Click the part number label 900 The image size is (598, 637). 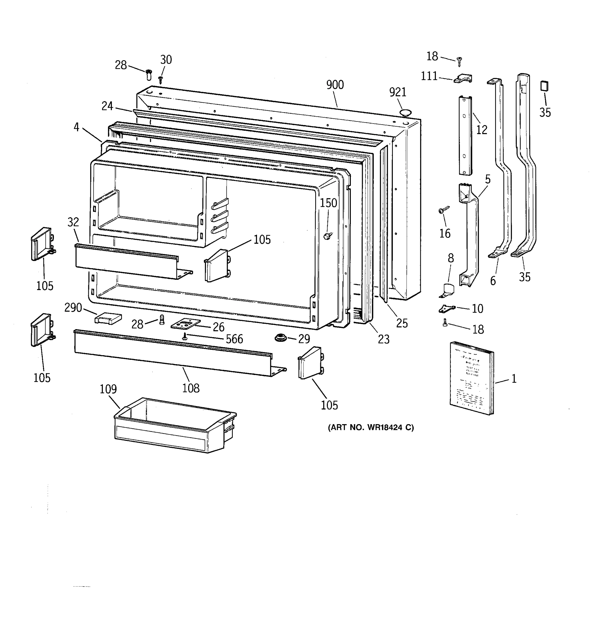(335, 85)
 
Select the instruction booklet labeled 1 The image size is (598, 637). (471, 378)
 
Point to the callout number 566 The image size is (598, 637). (234, 339)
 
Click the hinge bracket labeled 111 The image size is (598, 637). (463, 79)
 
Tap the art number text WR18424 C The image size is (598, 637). (370, 427)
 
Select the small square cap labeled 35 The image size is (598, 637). (544, 86)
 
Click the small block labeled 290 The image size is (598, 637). (108, 318)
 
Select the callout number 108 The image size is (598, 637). (191, 388)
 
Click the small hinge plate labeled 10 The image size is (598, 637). (446, 309)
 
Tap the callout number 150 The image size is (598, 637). (328, 203)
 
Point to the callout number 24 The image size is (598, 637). (107, 106)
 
